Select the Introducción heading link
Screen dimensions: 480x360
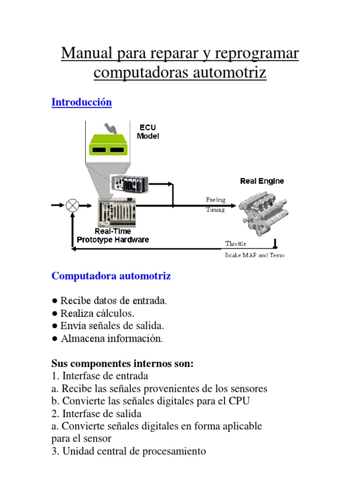coord(82,102)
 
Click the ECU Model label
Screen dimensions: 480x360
coord(148,132)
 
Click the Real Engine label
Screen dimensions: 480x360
coord(262,181)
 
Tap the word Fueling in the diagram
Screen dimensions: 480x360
coord(216,200)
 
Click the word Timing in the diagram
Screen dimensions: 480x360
coord(215,210)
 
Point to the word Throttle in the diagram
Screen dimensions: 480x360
coord(235,244)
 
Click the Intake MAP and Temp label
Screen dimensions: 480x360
coord(255,255)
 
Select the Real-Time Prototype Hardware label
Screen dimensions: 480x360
coord(113,235)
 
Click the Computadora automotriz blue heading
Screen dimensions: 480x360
coord(111,276)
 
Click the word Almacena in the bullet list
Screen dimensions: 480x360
coord(82,338)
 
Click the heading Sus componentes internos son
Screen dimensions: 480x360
coord(122,363)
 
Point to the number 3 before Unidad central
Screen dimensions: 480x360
coord(54,451)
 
